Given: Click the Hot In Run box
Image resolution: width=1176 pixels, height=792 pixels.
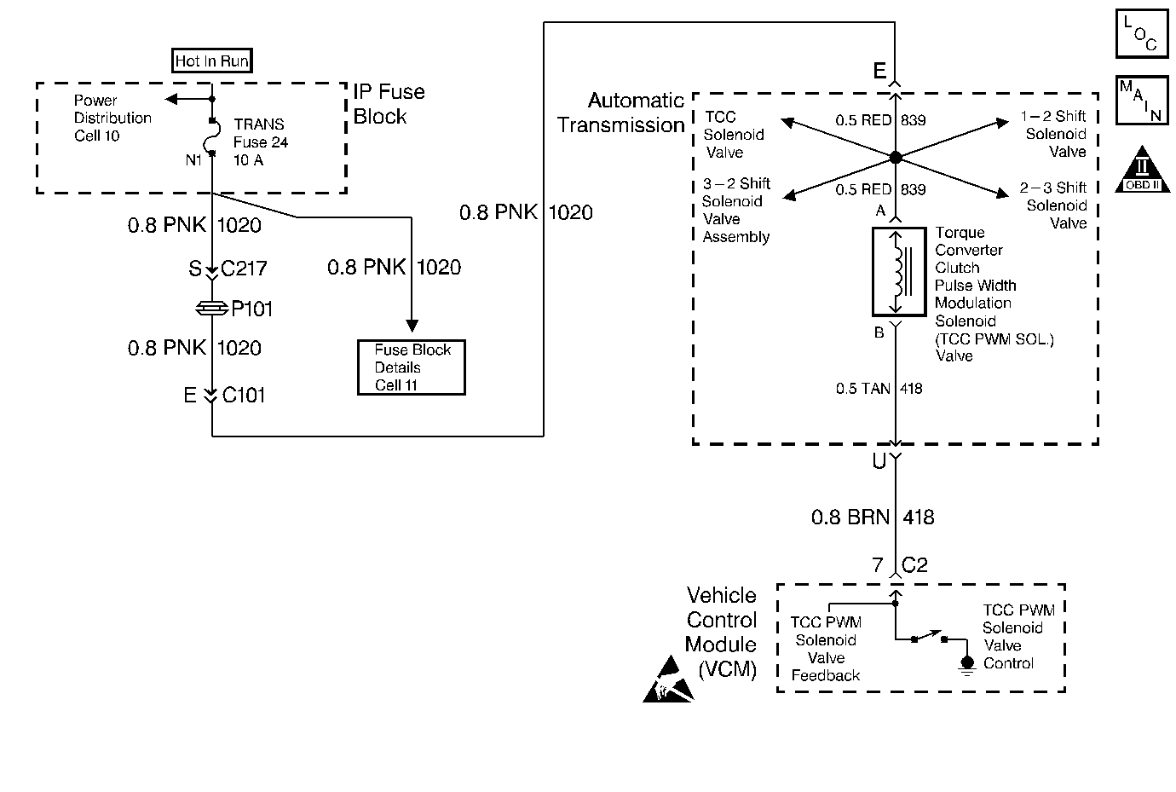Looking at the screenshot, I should click(x=211, y=61).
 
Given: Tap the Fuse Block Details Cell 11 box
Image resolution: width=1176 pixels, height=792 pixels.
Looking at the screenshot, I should click(x=412, y=367).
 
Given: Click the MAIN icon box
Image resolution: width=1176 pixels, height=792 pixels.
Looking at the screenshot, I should click(x=1142, y=101).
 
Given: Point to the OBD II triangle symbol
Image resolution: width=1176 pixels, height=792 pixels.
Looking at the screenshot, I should click(x=1144, y=170).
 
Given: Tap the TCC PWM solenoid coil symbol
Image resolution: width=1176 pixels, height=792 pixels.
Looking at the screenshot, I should click(x=898, y=271).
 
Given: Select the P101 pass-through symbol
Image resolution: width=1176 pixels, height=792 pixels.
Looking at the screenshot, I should click(x=211, y=309).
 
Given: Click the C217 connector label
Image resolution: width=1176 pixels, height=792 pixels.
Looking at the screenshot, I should click(x=245, y=269).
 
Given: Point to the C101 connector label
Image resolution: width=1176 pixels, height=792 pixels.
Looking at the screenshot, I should click(x=244, y=396).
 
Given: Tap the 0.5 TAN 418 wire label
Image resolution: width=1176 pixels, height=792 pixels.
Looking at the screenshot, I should click(x=879, y=389).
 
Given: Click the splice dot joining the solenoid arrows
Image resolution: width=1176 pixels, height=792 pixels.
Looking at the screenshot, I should click(x=895, y=158).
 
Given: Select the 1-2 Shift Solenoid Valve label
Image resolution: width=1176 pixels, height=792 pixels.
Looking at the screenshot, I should click(x=1054, y=134).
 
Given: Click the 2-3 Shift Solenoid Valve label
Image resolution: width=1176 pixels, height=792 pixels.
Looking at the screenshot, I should click(x=1054, y=205).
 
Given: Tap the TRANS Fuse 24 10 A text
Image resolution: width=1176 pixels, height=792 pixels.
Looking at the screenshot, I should click(x=260, y=142).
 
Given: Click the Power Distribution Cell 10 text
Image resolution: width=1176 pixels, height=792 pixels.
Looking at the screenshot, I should click(x=112, y=119).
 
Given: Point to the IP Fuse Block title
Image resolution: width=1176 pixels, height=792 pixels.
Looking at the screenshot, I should click(x=389, y=104).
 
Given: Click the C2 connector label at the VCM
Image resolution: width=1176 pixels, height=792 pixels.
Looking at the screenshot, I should click(x=914, y=565).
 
